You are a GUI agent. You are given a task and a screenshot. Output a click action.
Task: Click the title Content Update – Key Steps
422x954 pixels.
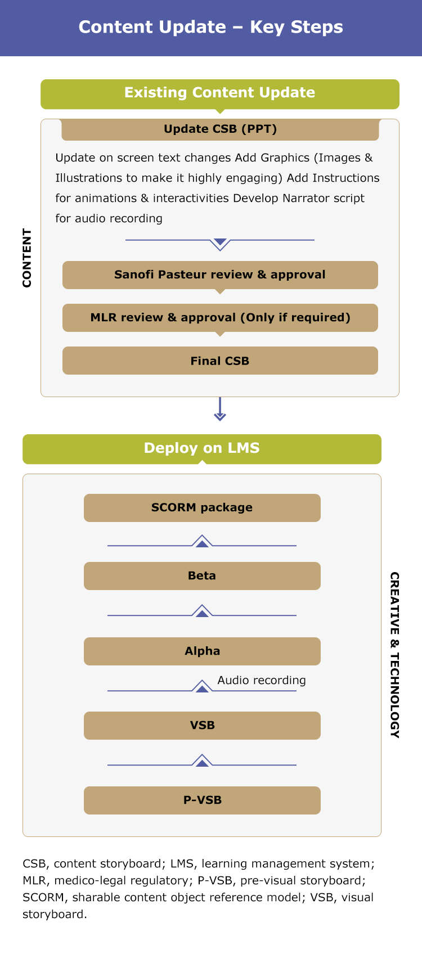pos(211,27)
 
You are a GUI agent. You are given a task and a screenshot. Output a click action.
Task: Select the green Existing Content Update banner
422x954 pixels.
pos(220,94)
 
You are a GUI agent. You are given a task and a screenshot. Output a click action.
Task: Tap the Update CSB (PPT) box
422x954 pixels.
pos(220,129)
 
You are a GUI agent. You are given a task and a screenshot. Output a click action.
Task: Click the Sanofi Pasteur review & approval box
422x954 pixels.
pos(220,275)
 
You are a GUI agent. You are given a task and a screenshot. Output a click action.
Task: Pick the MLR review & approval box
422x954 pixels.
pos(220,318)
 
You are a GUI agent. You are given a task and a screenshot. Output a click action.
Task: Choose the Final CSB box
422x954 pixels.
pos(220,361)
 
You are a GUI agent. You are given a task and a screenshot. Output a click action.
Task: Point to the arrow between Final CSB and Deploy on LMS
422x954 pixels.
pos(220,409)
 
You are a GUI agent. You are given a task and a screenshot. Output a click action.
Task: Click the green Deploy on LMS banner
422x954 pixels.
pos(202,449)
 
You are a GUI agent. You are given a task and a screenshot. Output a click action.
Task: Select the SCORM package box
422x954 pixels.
pos(202,508)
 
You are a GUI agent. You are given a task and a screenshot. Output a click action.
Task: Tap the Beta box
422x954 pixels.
pos(202,576)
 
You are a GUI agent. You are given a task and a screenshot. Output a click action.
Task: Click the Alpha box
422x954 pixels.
pos(202,651)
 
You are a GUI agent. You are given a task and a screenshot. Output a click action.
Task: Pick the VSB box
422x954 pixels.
pos(202,726)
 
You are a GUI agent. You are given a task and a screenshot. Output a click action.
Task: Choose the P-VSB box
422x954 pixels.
pos(202,800)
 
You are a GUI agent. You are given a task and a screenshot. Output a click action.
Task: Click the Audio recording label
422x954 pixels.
pos(262,680)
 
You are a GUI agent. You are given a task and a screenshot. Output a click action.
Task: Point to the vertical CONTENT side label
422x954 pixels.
pos(27,258)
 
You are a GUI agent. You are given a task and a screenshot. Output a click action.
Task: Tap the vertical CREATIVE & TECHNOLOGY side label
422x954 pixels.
pos(395,655)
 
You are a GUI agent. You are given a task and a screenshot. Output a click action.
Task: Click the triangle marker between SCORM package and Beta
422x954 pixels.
pos(202,541)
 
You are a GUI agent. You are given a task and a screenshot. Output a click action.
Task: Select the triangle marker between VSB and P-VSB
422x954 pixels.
pos(202,760)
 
